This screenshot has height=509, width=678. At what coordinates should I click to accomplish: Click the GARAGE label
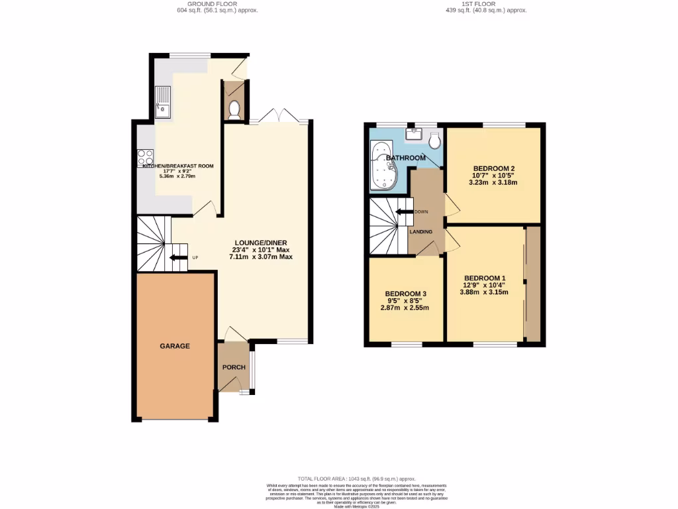175,346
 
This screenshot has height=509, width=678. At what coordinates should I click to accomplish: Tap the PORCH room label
234,367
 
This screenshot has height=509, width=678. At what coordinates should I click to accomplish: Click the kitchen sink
163,102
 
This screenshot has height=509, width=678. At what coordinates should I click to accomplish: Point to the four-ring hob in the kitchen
145,158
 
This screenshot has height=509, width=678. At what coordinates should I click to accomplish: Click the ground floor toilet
233,109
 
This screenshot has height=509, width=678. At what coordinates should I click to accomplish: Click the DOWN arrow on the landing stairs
403,212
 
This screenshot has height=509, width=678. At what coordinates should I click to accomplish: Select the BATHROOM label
406,158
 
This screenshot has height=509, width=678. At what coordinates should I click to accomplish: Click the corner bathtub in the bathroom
383,166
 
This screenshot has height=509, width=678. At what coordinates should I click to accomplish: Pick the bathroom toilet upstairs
434,140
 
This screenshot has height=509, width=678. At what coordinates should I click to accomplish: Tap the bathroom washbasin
414,133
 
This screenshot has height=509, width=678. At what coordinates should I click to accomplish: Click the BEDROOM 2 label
494,168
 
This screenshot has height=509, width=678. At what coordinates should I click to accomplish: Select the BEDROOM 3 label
406,294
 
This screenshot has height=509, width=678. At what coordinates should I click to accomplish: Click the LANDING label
421,231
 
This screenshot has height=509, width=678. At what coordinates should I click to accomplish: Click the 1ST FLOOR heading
486,3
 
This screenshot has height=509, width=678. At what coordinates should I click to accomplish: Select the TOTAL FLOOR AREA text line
356,479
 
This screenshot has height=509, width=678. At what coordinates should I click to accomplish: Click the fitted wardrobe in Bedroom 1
532,284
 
